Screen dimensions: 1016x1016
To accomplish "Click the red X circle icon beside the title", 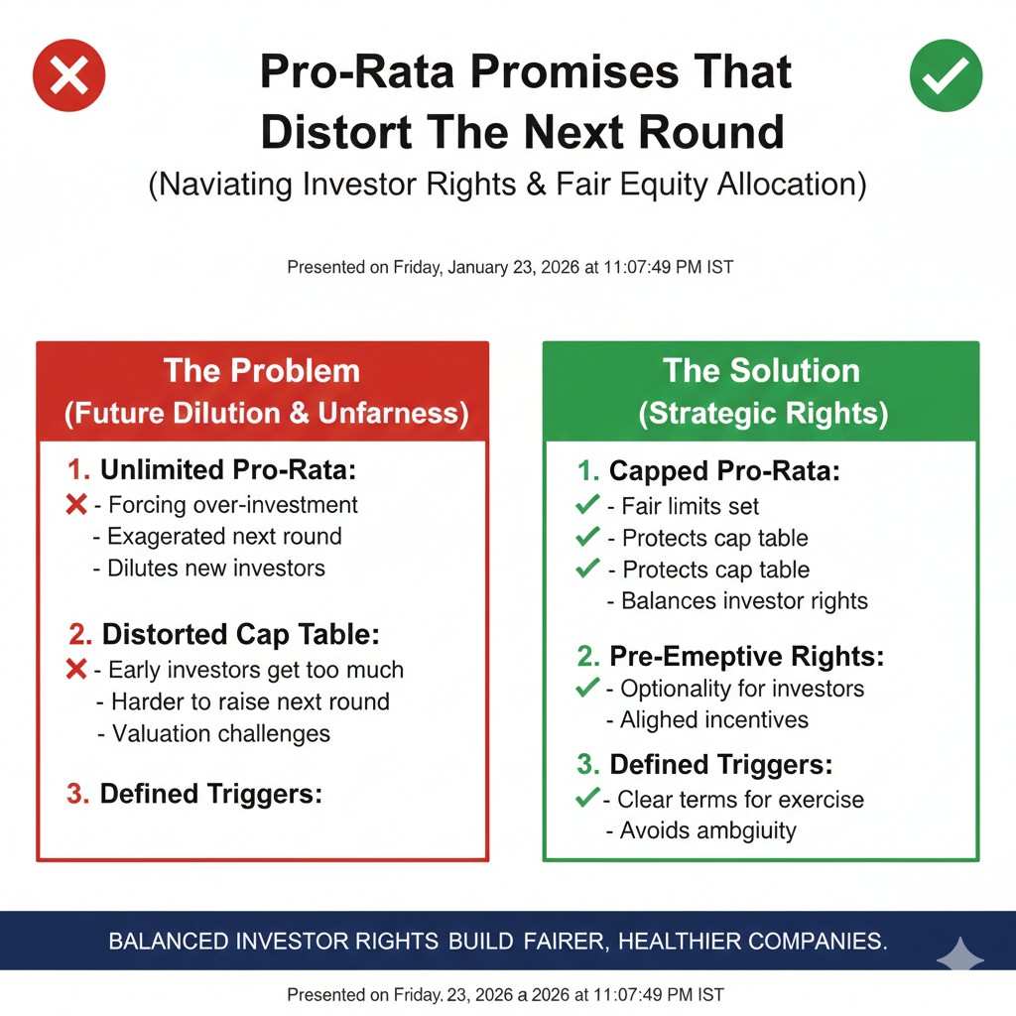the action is (x=68, y=75).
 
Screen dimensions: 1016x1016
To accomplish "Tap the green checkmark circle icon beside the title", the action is (x=946, y=75).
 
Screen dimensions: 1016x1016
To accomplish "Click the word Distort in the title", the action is (x=335, y=132).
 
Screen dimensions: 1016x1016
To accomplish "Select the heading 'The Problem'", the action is (x=262, y=371).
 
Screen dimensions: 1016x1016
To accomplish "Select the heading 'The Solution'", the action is (x=761, y=371).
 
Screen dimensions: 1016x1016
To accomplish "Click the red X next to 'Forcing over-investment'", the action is (x=76, y=504).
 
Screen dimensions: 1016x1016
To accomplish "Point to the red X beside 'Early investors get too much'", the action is (x=76, y=669).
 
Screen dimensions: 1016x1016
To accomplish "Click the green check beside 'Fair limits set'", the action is (x=587, y=504).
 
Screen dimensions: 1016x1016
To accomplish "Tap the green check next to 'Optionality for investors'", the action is (x=587, y=687).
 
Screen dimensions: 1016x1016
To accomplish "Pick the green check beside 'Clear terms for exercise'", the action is (x=587, y=797).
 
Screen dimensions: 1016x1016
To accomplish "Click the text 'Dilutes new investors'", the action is (x=216, y=569).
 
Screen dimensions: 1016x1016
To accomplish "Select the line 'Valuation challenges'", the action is (x=221, y=733).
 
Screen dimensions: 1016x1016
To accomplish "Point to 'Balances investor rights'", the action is (x=744, y=600).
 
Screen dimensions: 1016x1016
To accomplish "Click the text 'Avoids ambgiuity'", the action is (x=708, y=830).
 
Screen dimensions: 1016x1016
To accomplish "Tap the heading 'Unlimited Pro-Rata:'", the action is (x=228, y=469).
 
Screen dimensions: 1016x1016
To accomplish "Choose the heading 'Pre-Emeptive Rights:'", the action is (x=746, y=657).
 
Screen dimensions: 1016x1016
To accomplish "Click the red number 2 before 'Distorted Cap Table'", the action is (x=80, y=634).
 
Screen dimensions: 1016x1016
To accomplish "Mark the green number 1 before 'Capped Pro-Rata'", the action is (x=587, y=471).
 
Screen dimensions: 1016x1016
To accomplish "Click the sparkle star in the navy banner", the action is (x=960, y=955).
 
